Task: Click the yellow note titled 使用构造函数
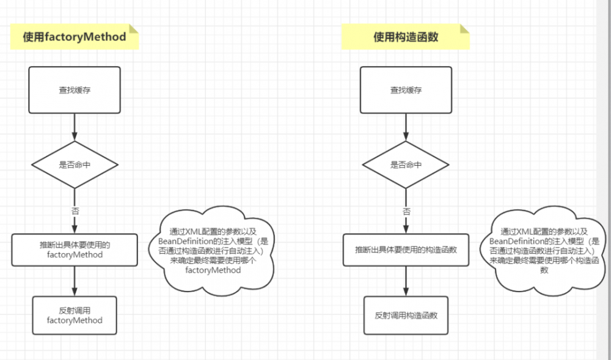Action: (406, 37)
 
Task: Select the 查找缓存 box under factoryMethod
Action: (75, 90)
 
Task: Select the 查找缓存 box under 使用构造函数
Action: (406, 90)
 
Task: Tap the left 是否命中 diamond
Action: (75, 164)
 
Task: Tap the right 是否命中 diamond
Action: (406, 164)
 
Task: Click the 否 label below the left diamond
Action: (75, 210)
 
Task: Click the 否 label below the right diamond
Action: (406, 210)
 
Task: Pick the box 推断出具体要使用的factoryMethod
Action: (75, 249)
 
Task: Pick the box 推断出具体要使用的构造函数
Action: (406, 249)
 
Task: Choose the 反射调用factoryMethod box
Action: (75, 315)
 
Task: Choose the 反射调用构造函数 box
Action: (406, 315)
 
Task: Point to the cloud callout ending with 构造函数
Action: (544, 251)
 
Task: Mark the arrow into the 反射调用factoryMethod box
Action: (75, 281)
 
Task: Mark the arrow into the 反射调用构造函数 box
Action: (406, 281)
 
